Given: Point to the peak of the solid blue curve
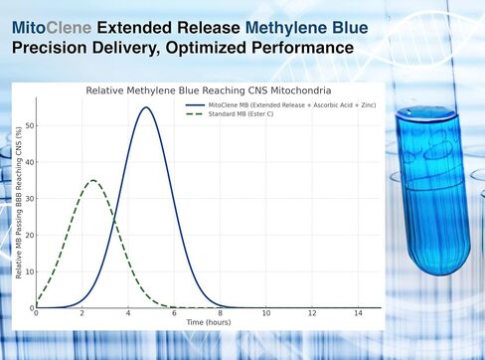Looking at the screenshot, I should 146,107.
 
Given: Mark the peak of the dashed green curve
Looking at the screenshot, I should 92,180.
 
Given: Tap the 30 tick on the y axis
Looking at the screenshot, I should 30,198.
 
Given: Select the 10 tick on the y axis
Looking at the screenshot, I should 30,271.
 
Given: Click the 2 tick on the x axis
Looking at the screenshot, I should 82,314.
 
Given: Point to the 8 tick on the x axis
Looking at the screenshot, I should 220,314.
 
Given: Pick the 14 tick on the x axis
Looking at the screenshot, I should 358,314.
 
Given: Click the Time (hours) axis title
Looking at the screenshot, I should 208,323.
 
